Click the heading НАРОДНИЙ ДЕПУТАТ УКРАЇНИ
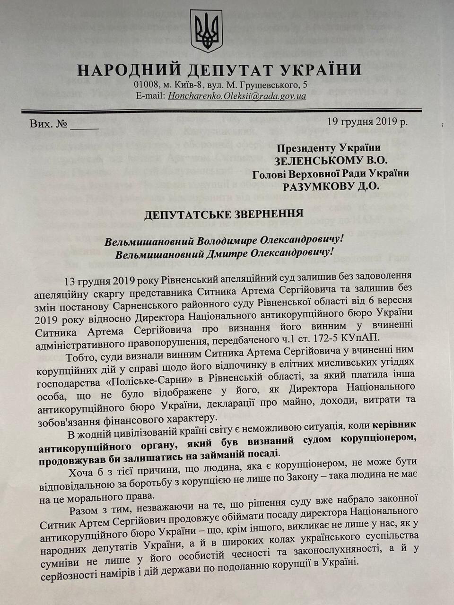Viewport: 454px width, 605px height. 219,70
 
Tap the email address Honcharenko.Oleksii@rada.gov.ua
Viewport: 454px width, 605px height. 234,96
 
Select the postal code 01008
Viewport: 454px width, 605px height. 145,85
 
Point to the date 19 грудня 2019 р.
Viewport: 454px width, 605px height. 367,121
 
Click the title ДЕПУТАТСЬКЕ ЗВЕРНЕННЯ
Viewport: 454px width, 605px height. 224,214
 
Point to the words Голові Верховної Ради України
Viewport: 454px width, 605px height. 331,173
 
